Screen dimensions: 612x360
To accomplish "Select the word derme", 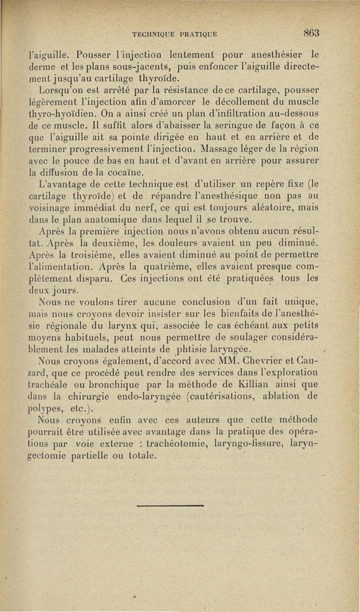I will point(40,68).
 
